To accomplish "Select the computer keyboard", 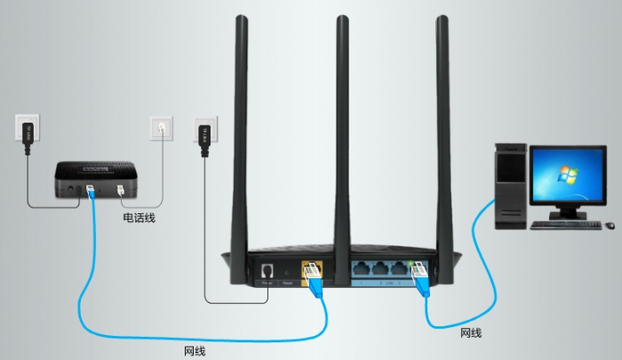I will coord(562,224).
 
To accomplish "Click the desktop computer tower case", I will coord(512,188).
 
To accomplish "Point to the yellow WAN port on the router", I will coord(312,268).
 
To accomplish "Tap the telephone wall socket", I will coord(161,130).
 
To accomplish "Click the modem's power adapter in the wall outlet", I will coord(28,129).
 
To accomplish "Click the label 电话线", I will coord(139,217).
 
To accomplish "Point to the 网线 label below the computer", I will coord(471,333).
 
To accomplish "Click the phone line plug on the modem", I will coord(122,189).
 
